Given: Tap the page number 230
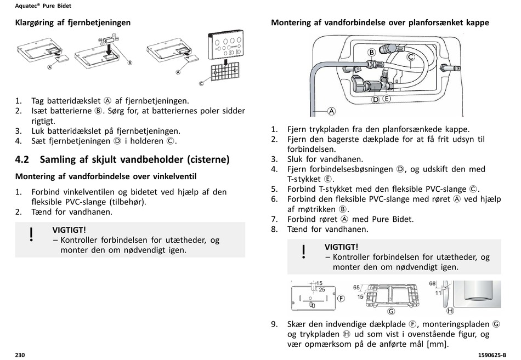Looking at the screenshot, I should [20, 355].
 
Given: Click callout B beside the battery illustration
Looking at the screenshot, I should [130, 62].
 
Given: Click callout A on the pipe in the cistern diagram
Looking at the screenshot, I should [331, 111].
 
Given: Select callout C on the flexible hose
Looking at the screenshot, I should [410, 56].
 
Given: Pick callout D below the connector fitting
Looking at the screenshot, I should [376, 99].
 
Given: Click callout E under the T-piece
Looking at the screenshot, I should [387, 99].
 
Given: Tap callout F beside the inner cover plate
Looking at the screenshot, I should [341, 299].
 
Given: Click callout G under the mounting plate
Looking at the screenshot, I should [391, 311].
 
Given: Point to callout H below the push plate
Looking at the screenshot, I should [450, 311].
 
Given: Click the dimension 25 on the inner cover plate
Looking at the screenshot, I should [322, 289].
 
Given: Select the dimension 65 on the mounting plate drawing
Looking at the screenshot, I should [356, 287].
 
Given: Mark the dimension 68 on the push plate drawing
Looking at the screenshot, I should [432, 283].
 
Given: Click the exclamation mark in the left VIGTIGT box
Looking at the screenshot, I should [32, 235].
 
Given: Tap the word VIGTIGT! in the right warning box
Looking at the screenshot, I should [341, 247].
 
